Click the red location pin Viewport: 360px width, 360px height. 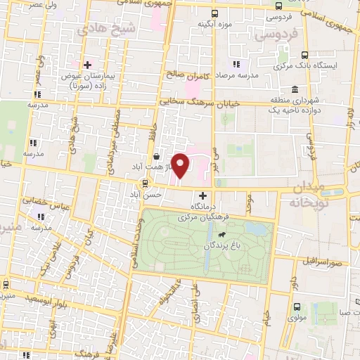pos(181,165)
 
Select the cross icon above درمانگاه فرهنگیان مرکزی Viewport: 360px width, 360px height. pos(203,195)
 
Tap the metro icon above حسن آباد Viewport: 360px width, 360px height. pos(146,184)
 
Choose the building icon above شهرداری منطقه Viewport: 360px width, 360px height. pos(293,89)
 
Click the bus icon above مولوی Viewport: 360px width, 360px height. pos(296,307)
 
